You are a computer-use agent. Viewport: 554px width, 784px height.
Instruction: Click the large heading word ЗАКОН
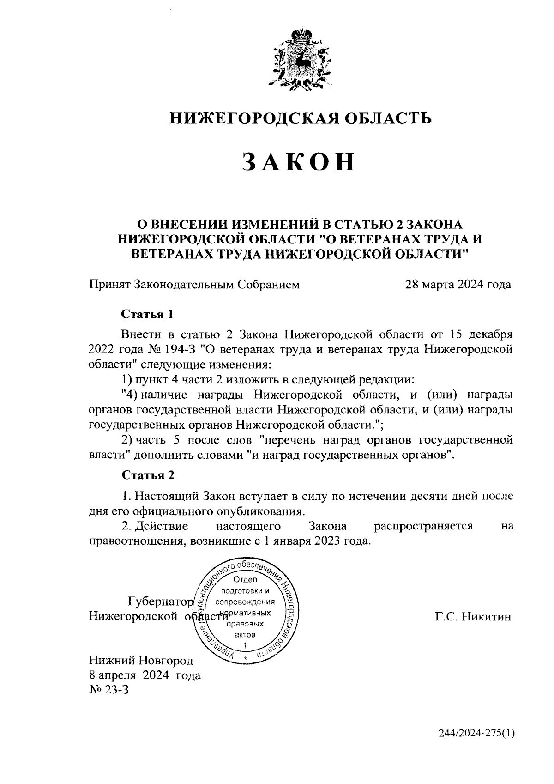(x=299, y=162)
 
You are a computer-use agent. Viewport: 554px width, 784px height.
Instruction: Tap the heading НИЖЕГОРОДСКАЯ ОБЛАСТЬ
(x=301, y=118)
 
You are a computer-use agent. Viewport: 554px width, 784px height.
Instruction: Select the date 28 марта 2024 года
(x=458, y=284)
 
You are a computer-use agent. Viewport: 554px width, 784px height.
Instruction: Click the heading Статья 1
(x=147, y=314)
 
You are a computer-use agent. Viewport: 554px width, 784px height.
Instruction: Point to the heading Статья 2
(x=148, y=474)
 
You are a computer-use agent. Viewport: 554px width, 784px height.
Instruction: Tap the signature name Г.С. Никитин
(x=473, y=616)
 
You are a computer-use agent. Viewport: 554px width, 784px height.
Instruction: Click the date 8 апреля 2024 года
(x=145, y=675)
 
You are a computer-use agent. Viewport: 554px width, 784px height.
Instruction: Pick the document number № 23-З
(x=108, y=690)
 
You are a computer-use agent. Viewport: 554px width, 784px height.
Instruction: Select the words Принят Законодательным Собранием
(x=194, y=284)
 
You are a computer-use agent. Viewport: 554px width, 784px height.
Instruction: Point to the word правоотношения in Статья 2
(x=132, y=540)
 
